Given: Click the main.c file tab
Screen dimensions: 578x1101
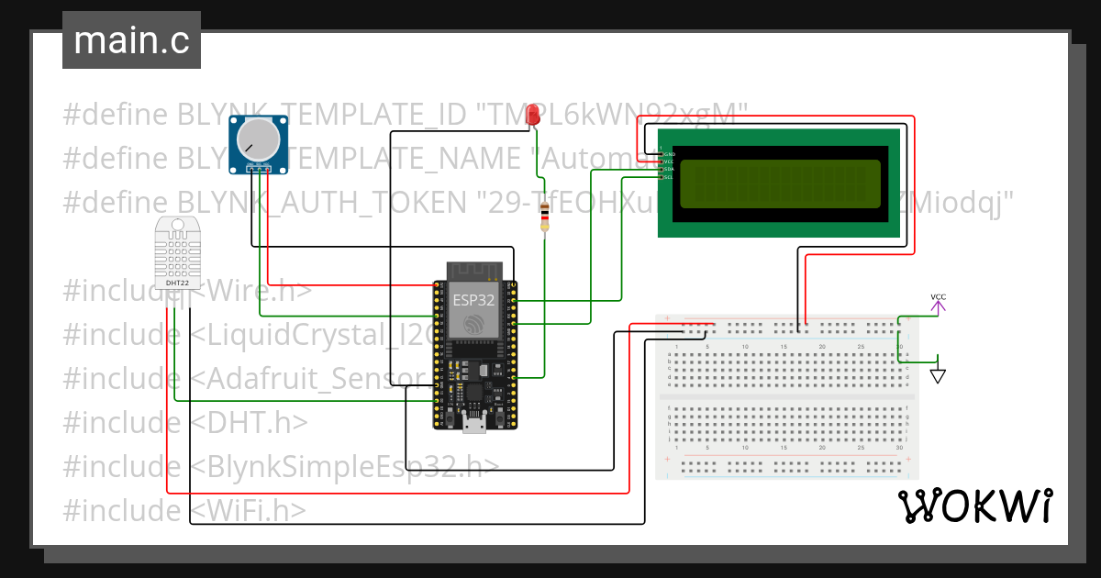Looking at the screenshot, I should [131, 41].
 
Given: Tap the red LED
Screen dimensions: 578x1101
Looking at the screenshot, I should [533, 114].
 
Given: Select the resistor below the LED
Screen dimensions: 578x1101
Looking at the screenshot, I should [545, 218].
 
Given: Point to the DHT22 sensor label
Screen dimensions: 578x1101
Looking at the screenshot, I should [178, 283].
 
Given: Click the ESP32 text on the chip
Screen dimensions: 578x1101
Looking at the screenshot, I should [474, 299].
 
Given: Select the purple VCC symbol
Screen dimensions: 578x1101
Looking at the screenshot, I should [938, 304].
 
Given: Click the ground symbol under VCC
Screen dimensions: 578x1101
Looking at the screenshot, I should [938, 374].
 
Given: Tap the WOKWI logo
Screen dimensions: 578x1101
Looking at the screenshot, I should [974, 506].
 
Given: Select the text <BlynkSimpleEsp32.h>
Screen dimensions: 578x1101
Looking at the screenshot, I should [345, 466].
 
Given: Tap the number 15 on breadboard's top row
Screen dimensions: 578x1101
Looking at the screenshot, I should [784, 346].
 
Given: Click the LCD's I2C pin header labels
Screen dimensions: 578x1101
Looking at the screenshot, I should [668, 162].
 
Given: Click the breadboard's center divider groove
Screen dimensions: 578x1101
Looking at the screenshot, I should [787, 396].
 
